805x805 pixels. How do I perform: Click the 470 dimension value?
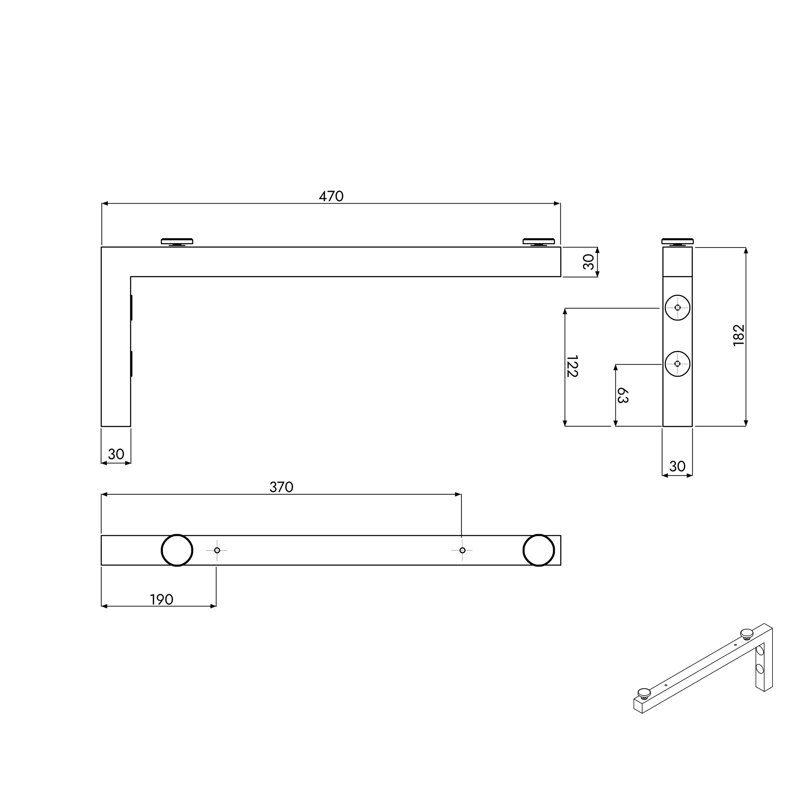coord(331,196)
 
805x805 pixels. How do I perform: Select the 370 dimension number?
coord(282,487)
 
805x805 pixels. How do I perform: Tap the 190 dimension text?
coord(162,600)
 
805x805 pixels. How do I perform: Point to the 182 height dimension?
coord(738,335)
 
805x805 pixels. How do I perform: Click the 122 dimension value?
coord(572,366)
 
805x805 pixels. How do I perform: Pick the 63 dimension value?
coord(622,395)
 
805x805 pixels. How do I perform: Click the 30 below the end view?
coord(677,466)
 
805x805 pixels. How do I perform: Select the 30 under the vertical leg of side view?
coord(116,454)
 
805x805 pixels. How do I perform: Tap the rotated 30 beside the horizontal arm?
coord(589,262)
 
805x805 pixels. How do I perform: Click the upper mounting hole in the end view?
coord(677,308)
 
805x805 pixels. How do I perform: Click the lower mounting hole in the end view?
coord(677,364)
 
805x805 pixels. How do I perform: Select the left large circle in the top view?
coord(177,550)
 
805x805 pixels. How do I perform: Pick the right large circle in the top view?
coord(539,550)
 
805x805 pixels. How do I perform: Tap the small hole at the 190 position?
coord(217,550)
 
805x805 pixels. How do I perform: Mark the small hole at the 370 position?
coord(462,550)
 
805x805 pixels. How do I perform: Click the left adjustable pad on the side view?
coord(177,242)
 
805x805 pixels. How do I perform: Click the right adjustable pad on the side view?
coord(539,242)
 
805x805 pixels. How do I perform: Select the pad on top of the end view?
coord(677,242)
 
